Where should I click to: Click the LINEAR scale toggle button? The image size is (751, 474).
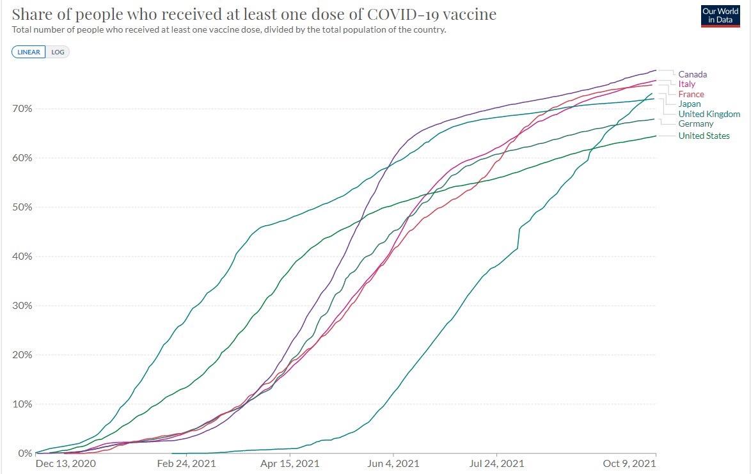29,52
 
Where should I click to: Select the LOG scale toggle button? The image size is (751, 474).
58,52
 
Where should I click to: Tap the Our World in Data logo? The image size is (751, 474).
720,17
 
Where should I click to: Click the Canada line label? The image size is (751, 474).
692,74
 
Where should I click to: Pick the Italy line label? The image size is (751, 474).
686,84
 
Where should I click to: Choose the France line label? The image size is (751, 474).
691,94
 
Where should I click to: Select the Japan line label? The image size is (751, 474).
689,104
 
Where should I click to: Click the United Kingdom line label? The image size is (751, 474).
709,114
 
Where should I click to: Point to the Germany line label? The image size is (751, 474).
695,123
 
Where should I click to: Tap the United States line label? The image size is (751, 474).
704,136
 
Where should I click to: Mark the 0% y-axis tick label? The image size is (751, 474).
24,453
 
